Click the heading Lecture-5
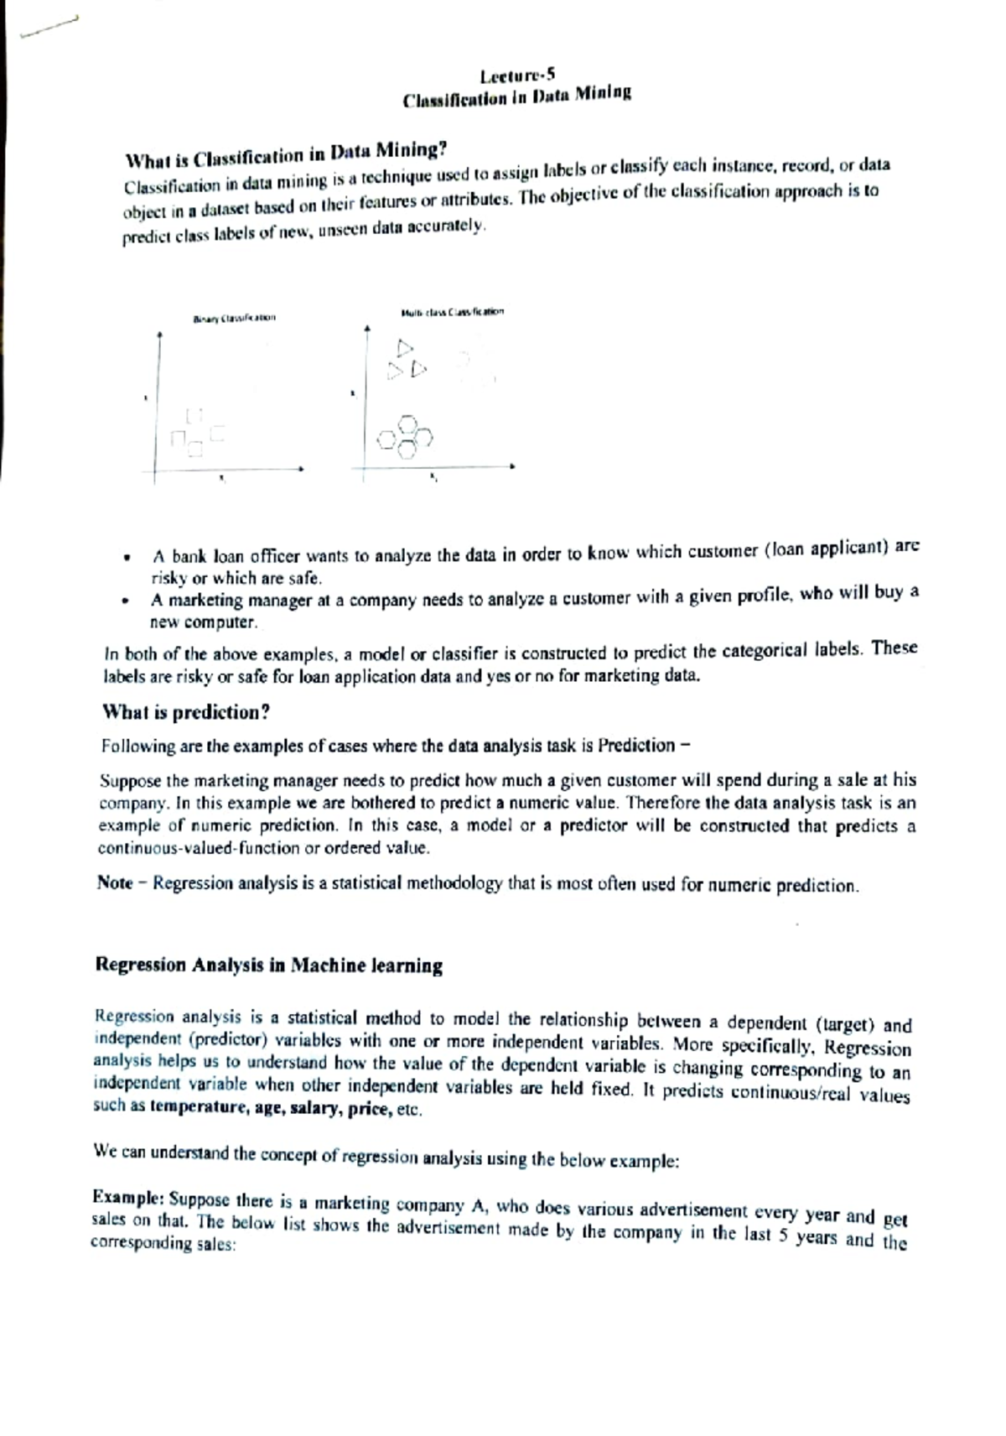pyautogui.click(x=514, y=76)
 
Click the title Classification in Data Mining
pyautogui.click(x=516, y=96)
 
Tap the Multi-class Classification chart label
pyautogui.click(x=452, y=312)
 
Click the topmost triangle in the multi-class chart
pyautogui.click(x=405, y=346)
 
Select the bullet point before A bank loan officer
pyautogui.click(x=126, y=558)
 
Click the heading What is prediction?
pyautogui.click(x=185, y=712)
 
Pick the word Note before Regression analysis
pyautogui.click(x=114, y=882)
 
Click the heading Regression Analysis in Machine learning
pyautogui.click(x=269, y=965)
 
